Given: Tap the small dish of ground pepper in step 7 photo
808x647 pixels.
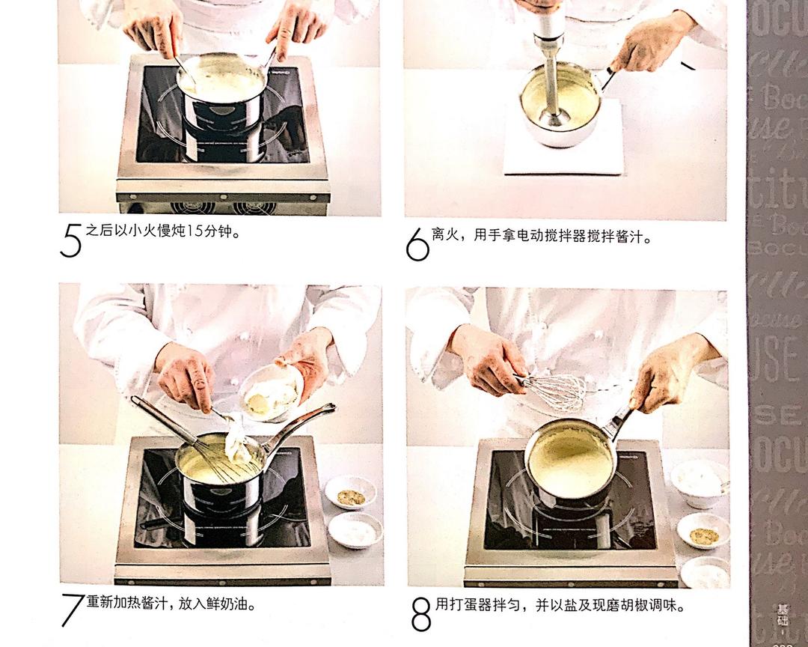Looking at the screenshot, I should click(x=350, y=496).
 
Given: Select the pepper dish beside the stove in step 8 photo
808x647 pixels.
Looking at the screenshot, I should click(x=703, y=534).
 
